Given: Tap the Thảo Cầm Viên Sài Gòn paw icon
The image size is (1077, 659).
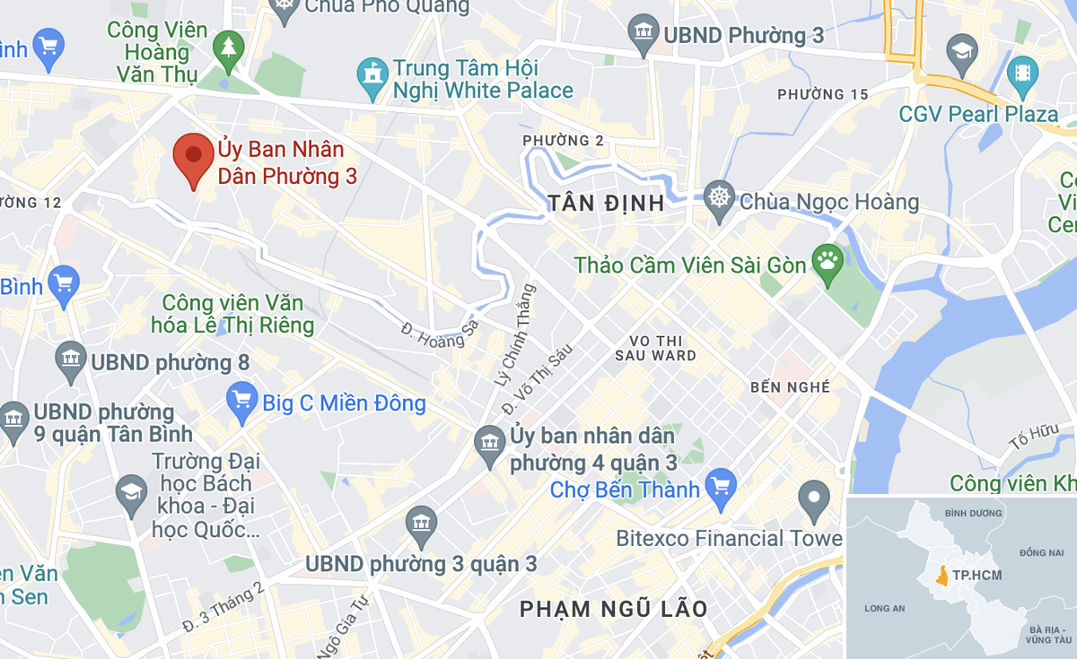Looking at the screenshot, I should pos(827,262).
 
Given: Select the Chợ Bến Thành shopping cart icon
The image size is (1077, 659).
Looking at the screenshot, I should pos(721,488).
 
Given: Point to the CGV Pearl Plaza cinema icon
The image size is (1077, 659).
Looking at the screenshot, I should pos(1022,72).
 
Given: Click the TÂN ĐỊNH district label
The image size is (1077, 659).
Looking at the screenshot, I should pos(607,204).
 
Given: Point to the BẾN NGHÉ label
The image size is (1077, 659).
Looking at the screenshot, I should pos(790,387).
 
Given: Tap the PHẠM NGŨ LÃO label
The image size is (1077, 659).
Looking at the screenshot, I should pos(614,610).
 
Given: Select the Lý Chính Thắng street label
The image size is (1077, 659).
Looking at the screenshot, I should pos(513,334).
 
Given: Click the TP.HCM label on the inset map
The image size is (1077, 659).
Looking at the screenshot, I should pos(977,575).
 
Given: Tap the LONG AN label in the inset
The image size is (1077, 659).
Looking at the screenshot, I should pos(884,609).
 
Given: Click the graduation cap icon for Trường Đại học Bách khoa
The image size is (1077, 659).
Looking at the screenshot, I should pos(131,493).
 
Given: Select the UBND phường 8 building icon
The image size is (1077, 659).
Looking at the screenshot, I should pos(71,360).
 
